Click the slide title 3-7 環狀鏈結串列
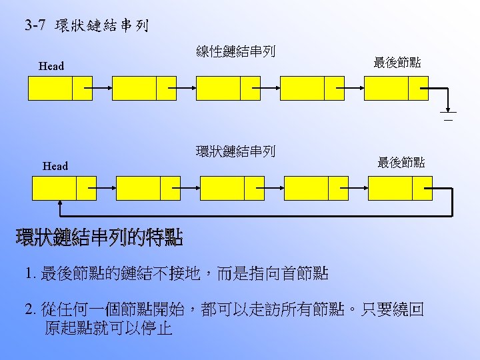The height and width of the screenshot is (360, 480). [x=87, y=27]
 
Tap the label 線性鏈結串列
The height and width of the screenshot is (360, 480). [x=235, y=51]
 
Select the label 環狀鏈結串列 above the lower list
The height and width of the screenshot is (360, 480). [x=235, y=151]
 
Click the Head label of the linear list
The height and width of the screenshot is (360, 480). [x=51, y=66]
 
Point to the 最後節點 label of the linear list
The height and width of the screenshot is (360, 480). [x=397, y=63]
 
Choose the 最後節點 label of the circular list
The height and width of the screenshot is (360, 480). [x=401, y=163]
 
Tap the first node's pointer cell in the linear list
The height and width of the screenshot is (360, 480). [x=82, y=88]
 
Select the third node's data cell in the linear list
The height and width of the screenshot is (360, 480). [x=218, y=88]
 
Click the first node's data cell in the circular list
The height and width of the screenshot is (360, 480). [x=54, y=188]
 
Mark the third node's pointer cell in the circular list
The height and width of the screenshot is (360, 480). [x=254, y=188]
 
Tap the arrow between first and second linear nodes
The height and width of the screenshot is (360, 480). [x=102, y=88]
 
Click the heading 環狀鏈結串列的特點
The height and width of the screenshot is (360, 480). [x=99, y=237]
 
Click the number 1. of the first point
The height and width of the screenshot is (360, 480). [x=29, y=273]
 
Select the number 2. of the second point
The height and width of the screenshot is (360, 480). [x=30, y=310]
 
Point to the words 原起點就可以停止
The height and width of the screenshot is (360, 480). [x=109, y=328]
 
